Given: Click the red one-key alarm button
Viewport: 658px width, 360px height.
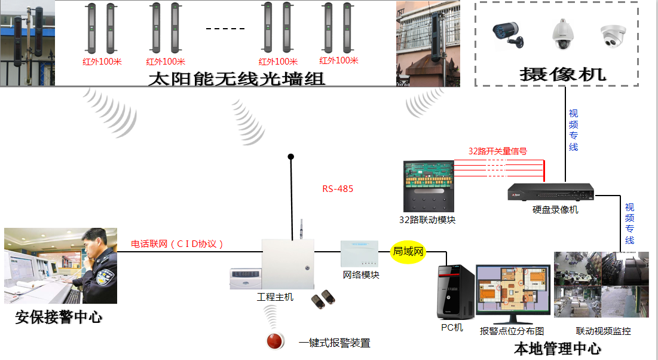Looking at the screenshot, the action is point(275,341).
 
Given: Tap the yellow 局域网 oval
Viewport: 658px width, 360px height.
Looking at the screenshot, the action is point(408,252).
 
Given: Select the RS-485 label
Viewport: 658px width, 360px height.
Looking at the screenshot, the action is point(338,189).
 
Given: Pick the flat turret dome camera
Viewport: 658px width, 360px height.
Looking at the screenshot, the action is point(613,36).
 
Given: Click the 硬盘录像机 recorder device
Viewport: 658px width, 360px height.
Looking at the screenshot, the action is point(551,192).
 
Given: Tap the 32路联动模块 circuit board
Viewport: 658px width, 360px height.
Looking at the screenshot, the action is point(429,186).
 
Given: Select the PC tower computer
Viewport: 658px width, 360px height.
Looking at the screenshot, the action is point(456,292).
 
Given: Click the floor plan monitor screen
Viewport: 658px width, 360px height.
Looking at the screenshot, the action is point(513,289).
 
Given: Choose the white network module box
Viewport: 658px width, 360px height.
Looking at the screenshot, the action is point(359,254).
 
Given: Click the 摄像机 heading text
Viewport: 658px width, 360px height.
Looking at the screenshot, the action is point(562,74).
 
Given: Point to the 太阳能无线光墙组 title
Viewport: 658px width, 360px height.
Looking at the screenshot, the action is point(237,78).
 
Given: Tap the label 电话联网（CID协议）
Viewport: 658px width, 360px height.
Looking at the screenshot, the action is point(177,243).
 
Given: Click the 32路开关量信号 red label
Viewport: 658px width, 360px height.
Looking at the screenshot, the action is point(498,151).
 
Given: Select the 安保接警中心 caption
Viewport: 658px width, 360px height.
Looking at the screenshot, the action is point(59,317).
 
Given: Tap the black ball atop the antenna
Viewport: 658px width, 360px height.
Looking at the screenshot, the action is point(291,157).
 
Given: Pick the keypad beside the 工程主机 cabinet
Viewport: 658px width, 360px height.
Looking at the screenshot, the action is point(246,279).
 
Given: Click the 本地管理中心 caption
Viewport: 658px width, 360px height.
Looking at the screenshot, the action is point(557,349).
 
